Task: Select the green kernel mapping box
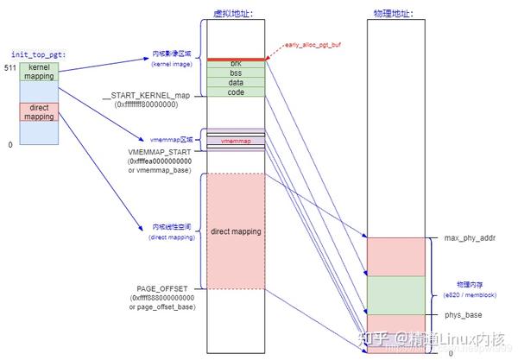pos(39,72)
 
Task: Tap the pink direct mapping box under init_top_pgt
pos(39,111)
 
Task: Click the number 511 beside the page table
pos(10,67)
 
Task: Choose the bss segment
pos(236,73)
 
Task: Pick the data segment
pos(236,83)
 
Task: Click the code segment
pos(236,92)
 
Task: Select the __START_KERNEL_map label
pos(145,95)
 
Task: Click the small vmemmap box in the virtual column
pos(236,140)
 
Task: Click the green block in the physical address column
pos(396,295)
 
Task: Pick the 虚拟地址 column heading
pos(226,14)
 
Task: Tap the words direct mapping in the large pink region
pos(236,232)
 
